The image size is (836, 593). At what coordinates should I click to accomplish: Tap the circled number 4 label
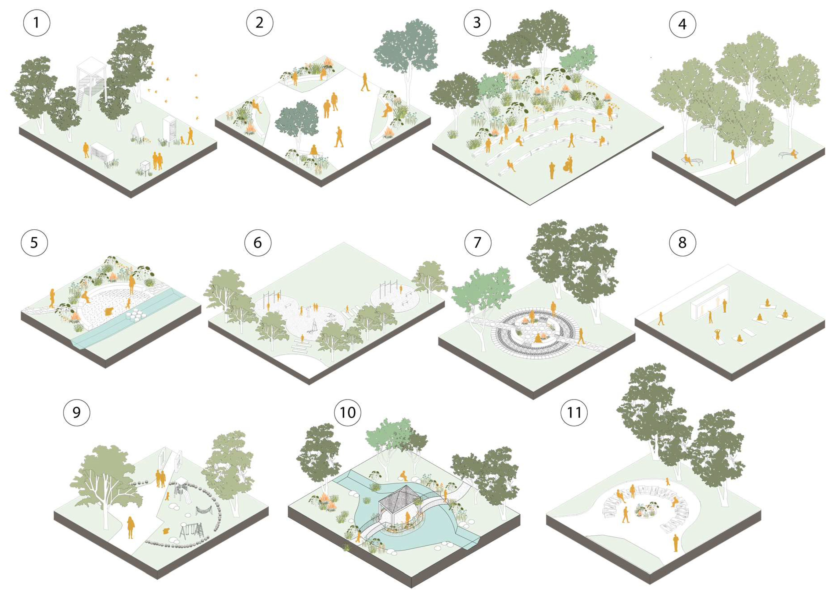pyautogui.click(x=682, y=24)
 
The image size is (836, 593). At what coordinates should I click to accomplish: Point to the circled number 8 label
pyautogui.click(x=682, y=243)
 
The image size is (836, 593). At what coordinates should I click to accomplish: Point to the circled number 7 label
pyautogui.click(x=478, y=243)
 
